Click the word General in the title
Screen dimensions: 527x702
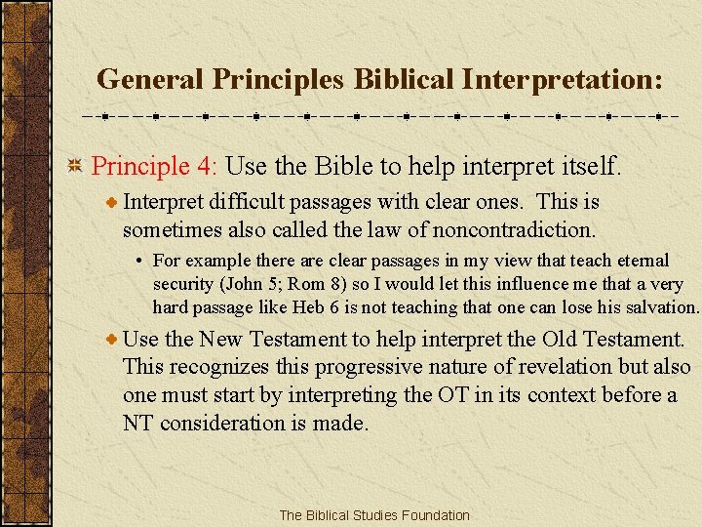pos(142,78)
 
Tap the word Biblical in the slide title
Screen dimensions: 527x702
pos(404,78)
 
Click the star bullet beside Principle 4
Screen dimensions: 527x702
pos(74,165)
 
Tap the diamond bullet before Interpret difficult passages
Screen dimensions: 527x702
pos(113,203)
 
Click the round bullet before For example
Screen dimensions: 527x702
pos(141,261)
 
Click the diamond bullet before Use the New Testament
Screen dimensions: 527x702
pos(113,340)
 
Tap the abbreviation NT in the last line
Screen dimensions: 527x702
pos(138,423)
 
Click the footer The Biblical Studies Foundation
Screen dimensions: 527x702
pos(374,515)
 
